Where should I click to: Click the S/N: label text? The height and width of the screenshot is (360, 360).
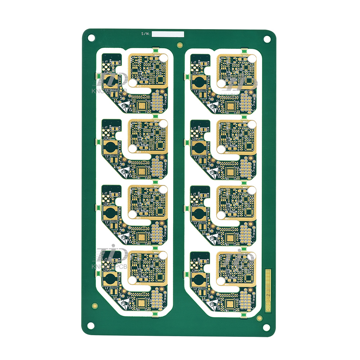[x=146, y=34]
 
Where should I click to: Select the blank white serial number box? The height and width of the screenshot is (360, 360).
[x=168, y=34]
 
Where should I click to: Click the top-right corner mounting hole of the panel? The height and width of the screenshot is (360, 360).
[x=267, y=39]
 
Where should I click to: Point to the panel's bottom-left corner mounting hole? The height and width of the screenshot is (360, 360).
[x=91, y=326]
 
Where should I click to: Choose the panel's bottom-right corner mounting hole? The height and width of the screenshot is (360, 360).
[x=267, y=327]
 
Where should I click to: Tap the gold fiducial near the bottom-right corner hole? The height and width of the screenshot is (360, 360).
[x=259, y=318]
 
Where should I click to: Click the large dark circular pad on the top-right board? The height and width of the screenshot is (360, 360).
[x=199, y=83]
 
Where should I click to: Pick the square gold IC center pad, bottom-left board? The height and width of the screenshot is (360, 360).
[x=141, y=304]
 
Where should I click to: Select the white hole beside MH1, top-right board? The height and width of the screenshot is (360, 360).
[x=221, y=83]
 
